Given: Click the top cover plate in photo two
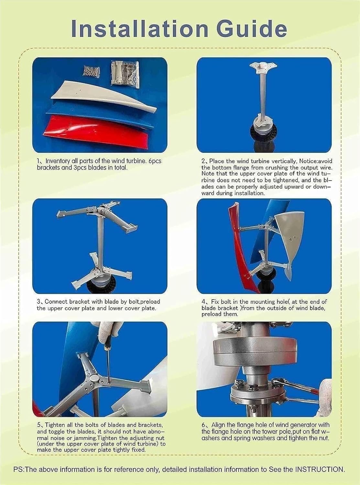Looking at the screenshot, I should [x=262, y=66].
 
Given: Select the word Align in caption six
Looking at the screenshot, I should [x=219, y=425].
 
